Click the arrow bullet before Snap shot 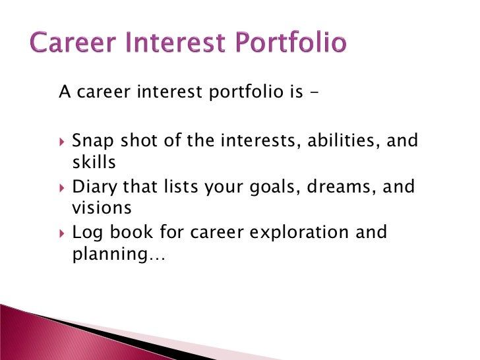[x=62, y=141]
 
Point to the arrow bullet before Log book [x=62, y=233]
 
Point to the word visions [x=101, y=208]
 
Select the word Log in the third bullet [x=86, y=233]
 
